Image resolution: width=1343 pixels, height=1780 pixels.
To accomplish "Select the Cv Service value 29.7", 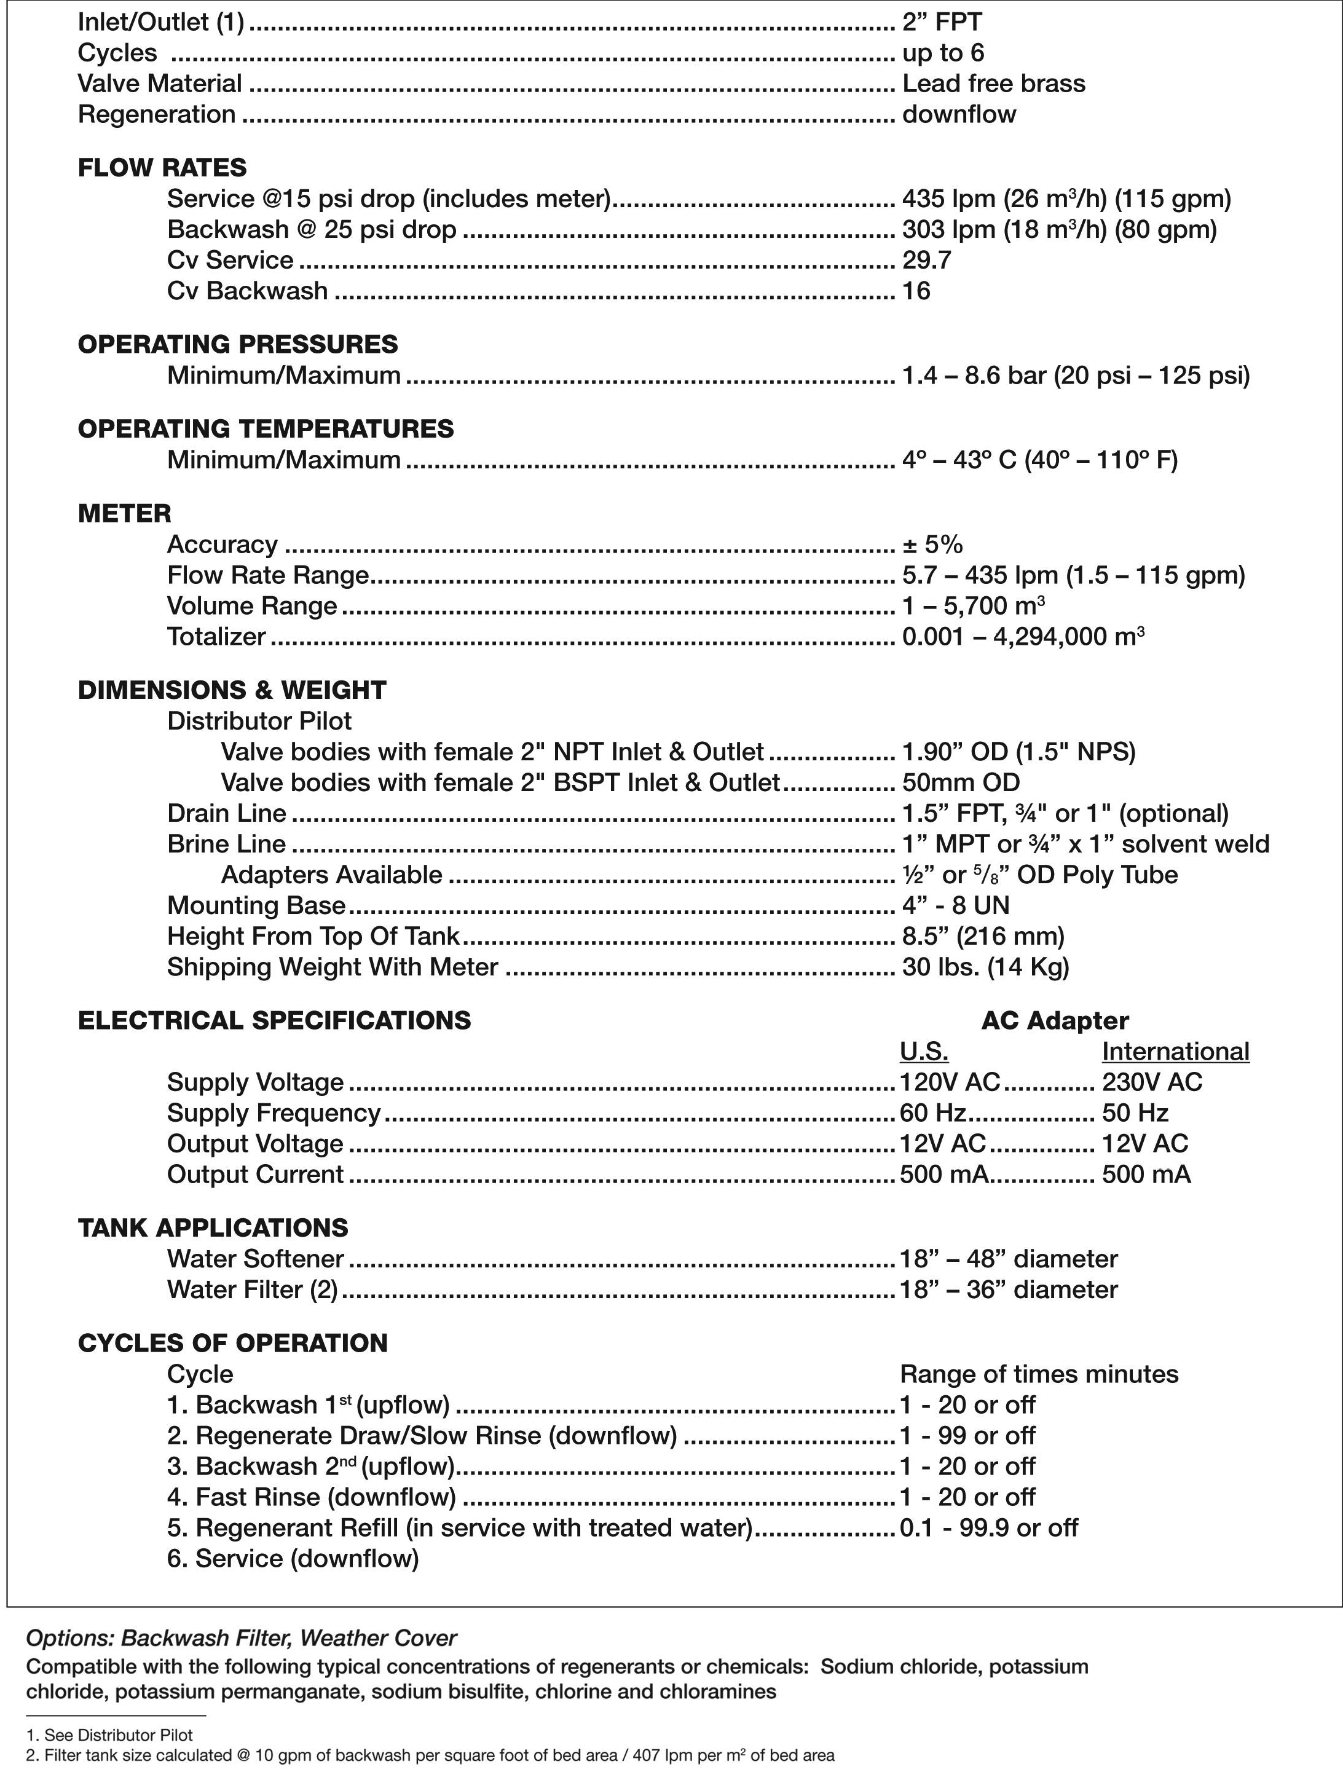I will point(926,260).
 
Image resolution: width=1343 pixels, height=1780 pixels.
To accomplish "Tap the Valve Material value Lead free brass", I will point(993,83).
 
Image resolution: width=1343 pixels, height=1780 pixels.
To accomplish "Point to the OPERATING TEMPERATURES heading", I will point(266,428).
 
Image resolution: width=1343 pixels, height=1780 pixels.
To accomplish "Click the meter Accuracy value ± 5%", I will point(932,544).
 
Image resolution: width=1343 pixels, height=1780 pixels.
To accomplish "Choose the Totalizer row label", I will point(216,637).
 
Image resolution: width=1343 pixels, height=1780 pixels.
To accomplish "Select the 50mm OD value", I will point(960,782).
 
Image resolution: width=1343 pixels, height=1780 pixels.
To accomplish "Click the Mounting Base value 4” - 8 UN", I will point(955,905).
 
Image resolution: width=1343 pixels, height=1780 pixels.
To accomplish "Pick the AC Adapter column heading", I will point(1054,1020).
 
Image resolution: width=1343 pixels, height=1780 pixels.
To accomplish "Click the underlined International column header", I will point(1175,1051).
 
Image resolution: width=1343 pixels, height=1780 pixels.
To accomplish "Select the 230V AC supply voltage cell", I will point(1151,1082).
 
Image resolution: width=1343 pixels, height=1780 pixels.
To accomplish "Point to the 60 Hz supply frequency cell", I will point(932,1113).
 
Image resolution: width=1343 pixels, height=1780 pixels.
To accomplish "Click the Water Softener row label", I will point(255,1259).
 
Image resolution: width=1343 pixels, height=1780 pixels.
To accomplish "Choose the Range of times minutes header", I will point(1038,1374).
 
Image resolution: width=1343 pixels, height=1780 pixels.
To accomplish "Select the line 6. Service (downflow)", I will point(293,1559).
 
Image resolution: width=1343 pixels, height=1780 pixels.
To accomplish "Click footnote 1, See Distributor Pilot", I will point(109,1735).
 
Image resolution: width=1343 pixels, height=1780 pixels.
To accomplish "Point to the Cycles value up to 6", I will point(943,52).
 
